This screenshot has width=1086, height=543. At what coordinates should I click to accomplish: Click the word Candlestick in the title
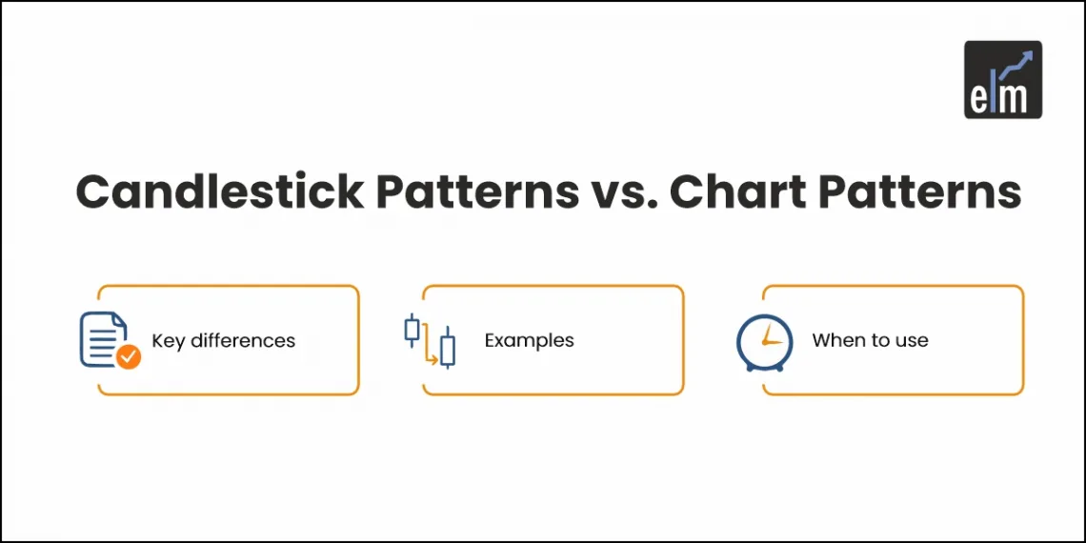219,192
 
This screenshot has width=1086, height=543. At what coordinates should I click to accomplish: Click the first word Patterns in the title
476,192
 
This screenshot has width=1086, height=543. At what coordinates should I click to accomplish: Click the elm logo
1002,79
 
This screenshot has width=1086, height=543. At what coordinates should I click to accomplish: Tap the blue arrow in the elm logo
1019,62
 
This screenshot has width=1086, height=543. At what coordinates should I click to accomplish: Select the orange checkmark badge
128,357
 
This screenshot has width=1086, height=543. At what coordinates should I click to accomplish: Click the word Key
168,341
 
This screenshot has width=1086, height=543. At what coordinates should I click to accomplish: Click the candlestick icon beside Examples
430,340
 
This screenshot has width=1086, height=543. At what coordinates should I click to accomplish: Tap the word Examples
529,340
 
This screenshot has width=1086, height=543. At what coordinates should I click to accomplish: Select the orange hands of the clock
770,338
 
